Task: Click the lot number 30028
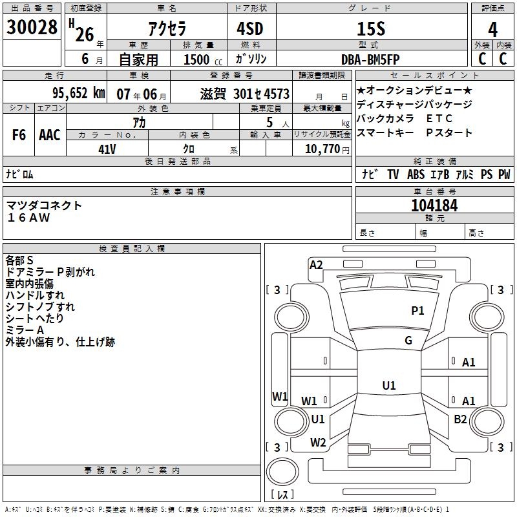[32, 27]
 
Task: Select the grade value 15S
[371, 28]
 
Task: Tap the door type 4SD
[250, 28]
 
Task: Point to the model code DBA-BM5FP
[370, 59]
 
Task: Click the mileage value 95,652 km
[79, 93]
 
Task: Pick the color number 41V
[107, 149]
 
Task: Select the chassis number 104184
[434, 206]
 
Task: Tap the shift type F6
[19, 135]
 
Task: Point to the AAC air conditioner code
[50, 135]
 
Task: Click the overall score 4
[492, 29]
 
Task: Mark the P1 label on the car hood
[417, 311]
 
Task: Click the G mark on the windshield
[408, 341]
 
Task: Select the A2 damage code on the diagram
[316, 265]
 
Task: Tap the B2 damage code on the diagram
[460, 419]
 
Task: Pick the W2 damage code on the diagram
[318, 443]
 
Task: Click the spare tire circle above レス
[282, 472]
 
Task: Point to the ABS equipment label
[416, 174]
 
